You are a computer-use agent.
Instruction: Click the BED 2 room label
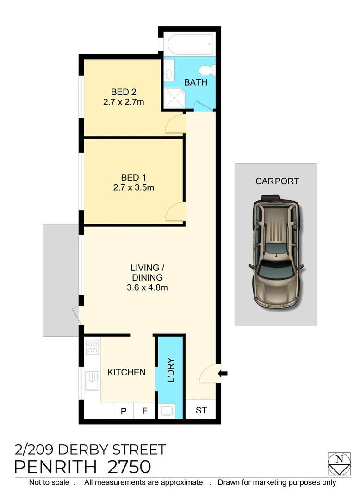(124, 91)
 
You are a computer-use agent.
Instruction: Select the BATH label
(196, 83)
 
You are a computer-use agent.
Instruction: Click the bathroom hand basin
(169, 74)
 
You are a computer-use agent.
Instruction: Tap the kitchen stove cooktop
(93, 347)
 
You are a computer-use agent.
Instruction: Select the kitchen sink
(93, 382)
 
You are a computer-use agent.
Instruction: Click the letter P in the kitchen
(124, 411)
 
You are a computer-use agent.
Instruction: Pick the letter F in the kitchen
(144, 411)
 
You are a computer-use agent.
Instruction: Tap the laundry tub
(167, 410)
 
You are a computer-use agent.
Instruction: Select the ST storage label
(201, 411)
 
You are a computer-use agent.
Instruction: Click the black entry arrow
(223, 373)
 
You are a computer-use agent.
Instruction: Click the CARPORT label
(277, 181)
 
